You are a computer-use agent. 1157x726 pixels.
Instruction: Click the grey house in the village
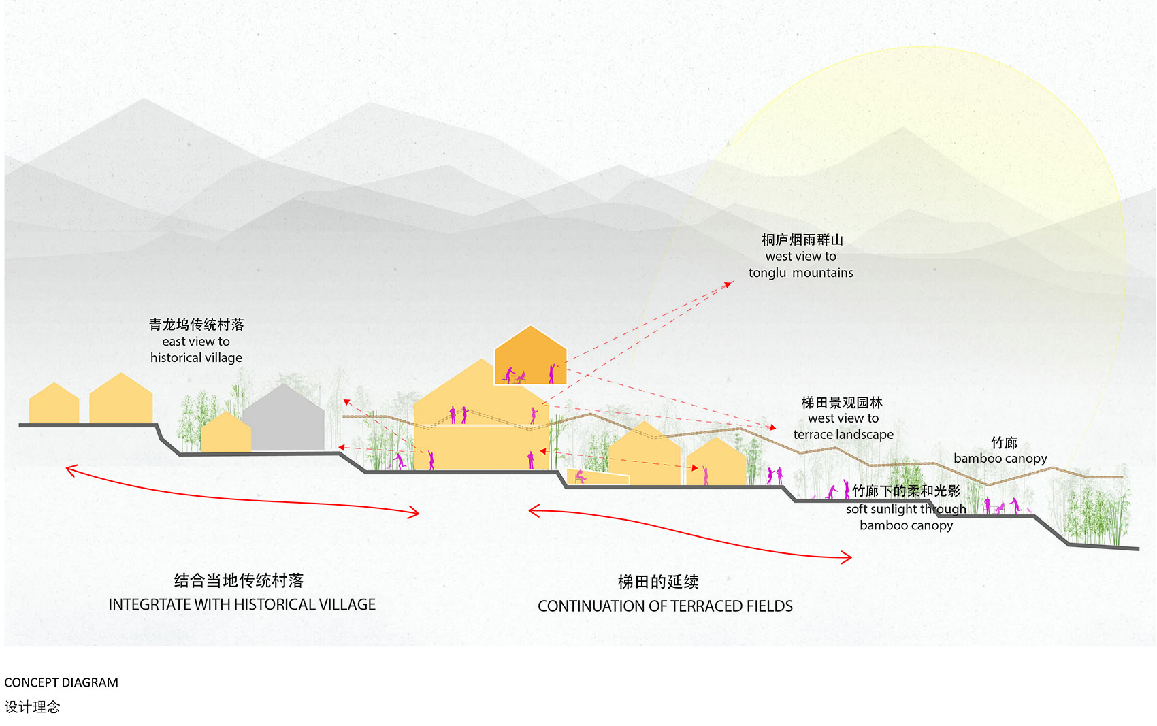click(284, 418)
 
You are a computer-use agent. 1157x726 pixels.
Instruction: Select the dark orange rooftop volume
click(530, 357)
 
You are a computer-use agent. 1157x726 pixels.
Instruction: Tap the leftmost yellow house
click(54, 403)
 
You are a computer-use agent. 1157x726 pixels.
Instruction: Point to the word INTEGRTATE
click(149, 605)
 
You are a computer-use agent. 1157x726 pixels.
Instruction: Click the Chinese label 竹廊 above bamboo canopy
click(1004, 442)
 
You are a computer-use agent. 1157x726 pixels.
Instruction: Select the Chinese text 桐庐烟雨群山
click(802, 240)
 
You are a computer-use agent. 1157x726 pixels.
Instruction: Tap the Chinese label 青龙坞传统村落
click(196, 325)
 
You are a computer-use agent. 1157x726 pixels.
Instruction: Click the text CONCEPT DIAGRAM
click(61, 682)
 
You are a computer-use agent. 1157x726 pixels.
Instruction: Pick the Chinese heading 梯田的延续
click(658, 582)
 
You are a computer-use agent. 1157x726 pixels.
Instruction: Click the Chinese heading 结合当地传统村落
click(239, 580)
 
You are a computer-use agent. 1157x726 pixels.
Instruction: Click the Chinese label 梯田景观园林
click(842, 402)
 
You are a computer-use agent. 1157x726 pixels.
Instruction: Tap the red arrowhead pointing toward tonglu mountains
click(730, 284)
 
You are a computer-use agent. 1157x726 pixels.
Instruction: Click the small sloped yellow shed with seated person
click(598, 476)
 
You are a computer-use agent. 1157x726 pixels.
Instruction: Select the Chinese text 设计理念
click(32, 707)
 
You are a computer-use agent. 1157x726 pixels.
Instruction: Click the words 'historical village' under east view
click(196, 358)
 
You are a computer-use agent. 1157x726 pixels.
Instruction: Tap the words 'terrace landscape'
click(843, 435)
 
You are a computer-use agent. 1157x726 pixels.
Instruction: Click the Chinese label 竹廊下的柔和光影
click(906, 491)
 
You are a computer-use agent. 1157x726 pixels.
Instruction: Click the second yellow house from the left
click(121, 399)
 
